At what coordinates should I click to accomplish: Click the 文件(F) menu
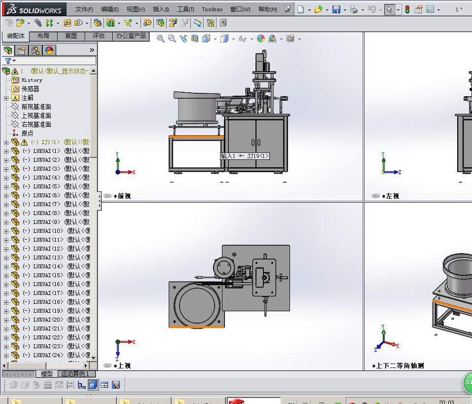point(84,9)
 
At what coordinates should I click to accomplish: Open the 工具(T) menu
point(185,9)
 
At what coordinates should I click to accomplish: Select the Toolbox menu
point(212,9)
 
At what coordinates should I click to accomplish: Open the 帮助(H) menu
point(267,9)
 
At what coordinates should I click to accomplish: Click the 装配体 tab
point(16,36)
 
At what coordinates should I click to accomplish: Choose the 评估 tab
point(99,36)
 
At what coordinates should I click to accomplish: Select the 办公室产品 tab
point(131,36)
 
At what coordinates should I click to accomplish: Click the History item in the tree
point(32,80)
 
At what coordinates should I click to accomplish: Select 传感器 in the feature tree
point(30,89)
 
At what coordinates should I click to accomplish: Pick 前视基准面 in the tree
point(36,107)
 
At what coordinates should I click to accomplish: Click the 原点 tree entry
point(27,133)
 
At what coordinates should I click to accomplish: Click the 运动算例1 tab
point(75,374)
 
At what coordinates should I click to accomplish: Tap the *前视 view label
point(122,196)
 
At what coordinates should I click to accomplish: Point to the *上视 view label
point(122,366)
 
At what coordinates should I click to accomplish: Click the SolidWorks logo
point(34,9)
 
